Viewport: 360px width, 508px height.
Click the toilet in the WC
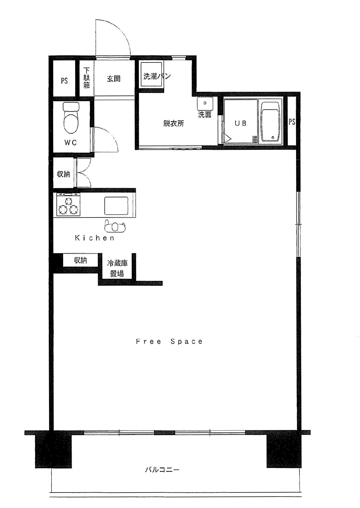71,118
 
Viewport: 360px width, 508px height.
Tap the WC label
71,142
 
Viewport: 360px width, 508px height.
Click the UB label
240,123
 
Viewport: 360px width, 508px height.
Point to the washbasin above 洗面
205,103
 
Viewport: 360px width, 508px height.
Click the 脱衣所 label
174,123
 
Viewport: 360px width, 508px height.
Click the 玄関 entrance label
113,79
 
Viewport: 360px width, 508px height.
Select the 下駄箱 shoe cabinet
86,78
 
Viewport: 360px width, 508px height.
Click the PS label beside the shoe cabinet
64,81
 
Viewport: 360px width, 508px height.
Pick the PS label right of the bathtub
292,122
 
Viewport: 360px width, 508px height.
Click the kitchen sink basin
116,206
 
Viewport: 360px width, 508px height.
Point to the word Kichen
95,238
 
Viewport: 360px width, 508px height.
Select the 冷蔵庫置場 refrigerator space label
117,268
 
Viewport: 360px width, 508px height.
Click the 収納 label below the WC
63,174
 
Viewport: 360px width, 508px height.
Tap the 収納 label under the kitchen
80,260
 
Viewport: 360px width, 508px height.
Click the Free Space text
169,341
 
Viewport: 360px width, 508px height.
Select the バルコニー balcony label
162,470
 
